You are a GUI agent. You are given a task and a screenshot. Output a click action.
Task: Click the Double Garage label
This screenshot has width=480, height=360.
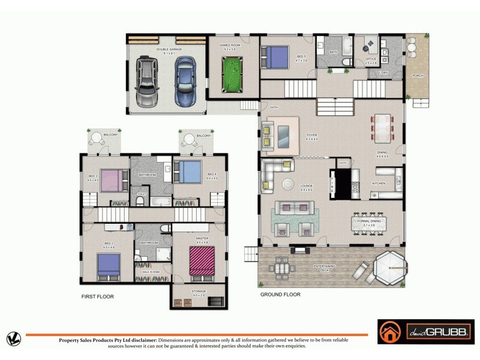169,50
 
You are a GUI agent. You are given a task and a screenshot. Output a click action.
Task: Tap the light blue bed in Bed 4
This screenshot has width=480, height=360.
188,172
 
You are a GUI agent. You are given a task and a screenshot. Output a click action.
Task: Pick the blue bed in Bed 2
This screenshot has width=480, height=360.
109,265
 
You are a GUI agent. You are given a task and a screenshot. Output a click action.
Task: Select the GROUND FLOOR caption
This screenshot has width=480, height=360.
280,295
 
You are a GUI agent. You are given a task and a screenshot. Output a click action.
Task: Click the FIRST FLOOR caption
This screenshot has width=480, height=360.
97,296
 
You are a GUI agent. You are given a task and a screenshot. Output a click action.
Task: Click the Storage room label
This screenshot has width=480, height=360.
199,292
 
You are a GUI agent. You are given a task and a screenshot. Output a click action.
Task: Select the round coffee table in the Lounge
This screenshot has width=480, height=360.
289,184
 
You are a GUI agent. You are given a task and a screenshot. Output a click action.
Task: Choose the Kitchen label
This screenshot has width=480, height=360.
379,183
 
